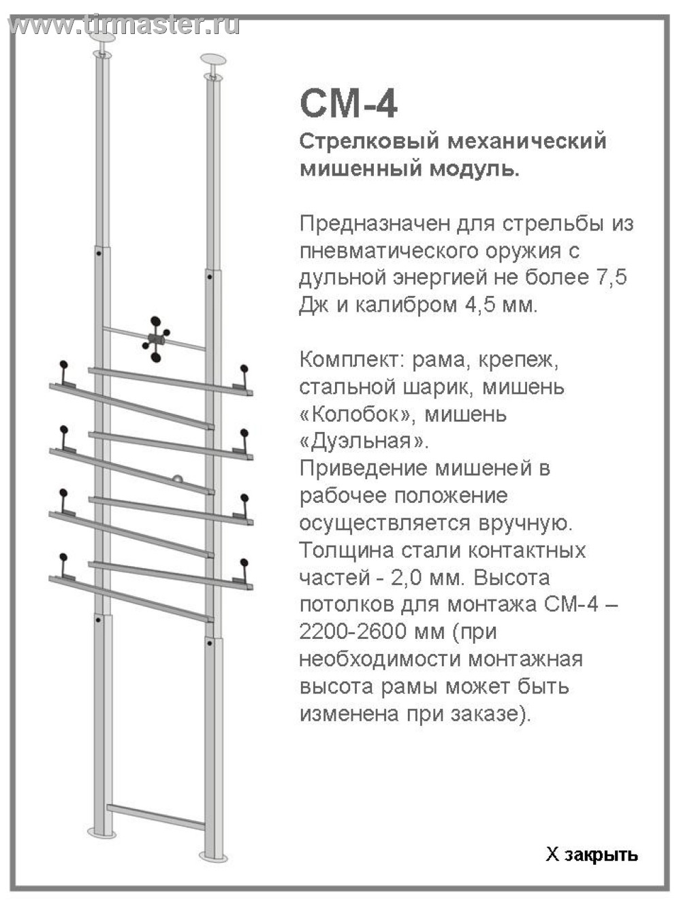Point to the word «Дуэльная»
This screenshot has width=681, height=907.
(364, 442)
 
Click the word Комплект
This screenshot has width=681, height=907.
(353, 360)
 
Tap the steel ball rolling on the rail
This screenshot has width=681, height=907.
(177, 479)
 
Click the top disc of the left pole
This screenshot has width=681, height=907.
(101, 35)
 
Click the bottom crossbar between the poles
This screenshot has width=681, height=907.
(156, 817)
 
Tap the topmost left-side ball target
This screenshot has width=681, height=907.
(64, 365)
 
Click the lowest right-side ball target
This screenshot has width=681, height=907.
(244, 563)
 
